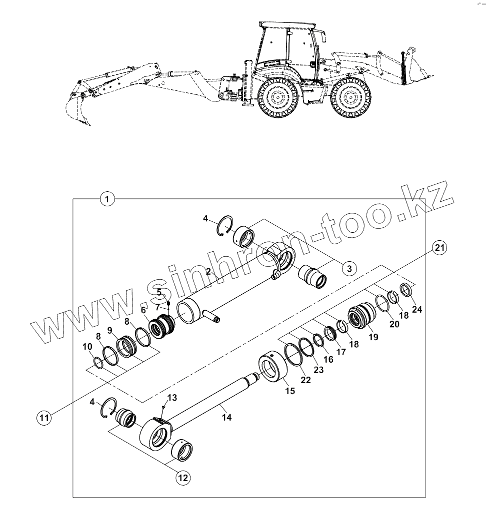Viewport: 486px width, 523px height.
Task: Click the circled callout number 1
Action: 107,199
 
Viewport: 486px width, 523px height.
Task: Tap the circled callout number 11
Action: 45,418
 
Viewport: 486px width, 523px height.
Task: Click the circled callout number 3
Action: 349,268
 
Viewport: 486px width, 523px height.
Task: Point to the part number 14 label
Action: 226,418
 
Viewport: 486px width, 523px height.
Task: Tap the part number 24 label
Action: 417,310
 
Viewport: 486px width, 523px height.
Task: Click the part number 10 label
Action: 87,347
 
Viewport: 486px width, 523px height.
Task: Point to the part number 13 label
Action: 172,398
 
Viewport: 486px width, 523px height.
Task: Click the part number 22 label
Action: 305,380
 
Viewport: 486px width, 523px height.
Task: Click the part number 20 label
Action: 394,324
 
